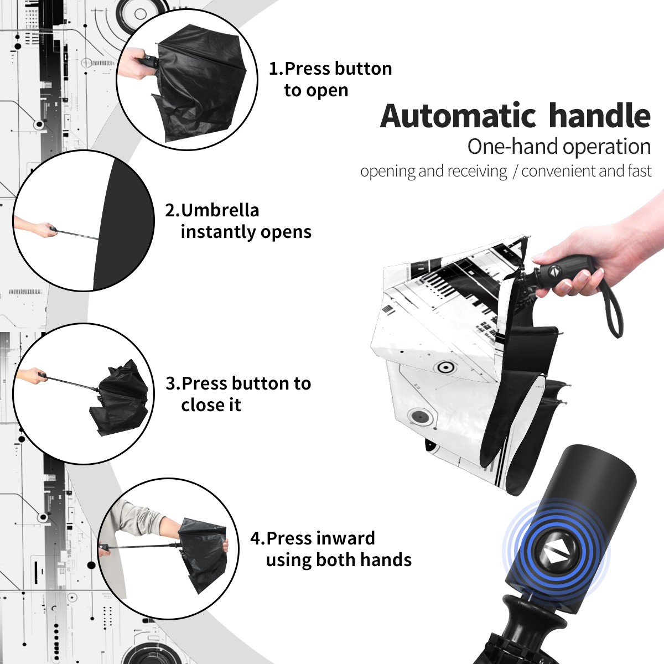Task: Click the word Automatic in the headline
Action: click(x=458, y=116)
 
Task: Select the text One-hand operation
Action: click(x=559, y=147)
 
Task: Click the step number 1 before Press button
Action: click(x=274, y=69)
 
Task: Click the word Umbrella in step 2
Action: click(x=220, y=210)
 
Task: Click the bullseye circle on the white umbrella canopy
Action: click(x=445, y=367)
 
